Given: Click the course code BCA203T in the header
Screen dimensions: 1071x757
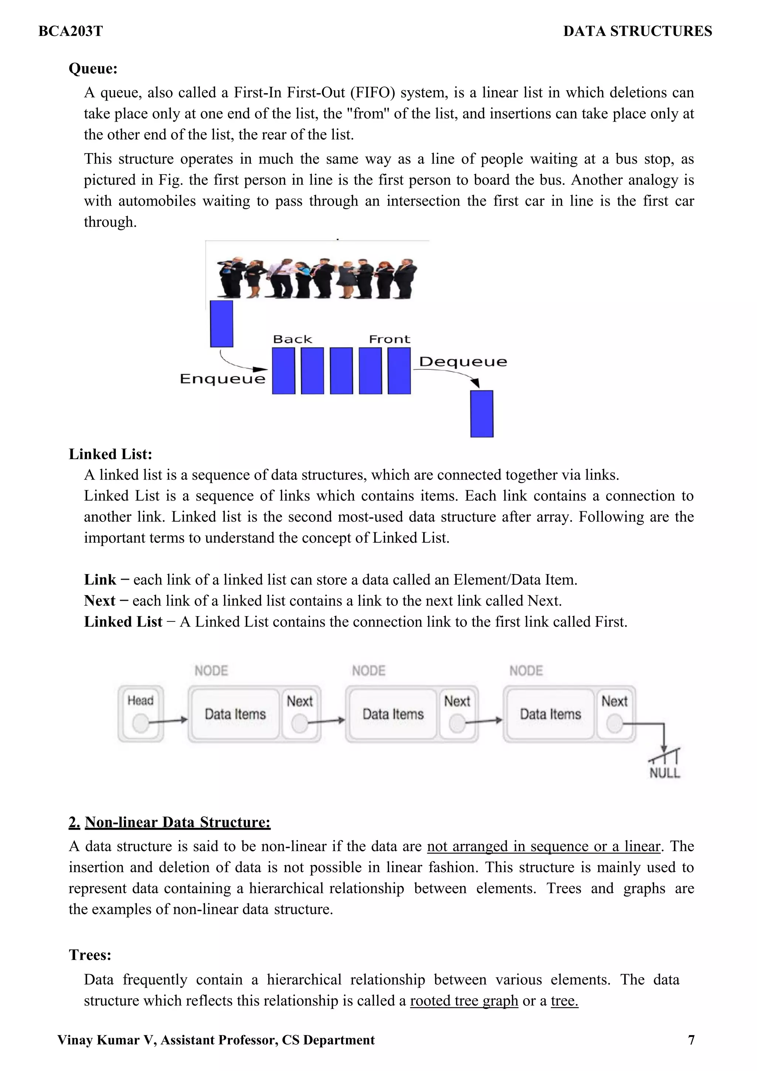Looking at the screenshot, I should coord(71,31).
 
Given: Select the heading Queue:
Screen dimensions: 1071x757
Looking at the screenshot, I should coord(93,68).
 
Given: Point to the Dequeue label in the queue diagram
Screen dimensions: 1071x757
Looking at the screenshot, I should coord(463,362).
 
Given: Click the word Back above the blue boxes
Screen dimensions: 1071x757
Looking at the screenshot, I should coord(292,339).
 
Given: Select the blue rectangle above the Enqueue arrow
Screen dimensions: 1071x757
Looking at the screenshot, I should coord(221,324).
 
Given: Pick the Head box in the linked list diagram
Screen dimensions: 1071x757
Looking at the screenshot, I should coord(140,714).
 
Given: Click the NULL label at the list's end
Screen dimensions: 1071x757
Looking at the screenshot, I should coord(665,773).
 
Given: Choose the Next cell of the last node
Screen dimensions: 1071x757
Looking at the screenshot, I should coord(615,714).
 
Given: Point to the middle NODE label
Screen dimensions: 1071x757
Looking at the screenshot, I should coord(369,671).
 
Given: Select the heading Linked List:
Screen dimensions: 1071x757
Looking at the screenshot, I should coord(111,454).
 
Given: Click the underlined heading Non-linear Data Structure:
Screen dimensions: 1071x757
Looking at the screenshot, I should coord(177,822).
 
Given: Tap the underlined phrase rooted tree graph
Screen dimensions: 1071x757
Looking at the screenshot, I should coord(464,1000).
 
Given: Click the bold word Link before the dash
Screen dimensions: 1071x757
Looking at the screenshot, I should coord(100,579).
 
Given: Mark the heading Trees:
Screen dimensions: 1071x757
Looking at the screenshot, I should coord(90,955).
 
